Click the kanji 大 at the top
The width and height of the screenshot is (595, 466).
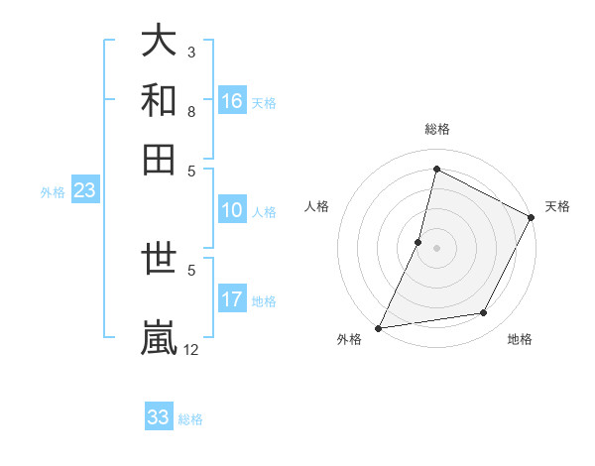[x=160, y=42]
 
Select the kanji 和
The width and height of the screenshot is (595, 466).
[x=160, y=100]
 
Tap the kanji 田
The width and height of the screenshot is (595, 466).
[x=160, y=159]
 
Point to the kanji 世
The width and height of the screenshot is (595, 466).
[x=160, y=263]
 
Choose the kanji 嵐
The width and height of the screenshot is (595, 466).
[x=160, y=335]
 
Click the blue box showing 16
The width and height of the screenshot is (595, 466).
[x=232, y=101]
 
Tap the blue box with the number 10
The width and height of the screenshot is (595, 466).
[x=232, y=210]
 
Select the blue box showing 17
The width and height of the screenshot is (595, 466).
[x=232, y=299]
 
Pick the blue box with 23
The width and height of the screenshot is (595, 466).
[x=84, y=191]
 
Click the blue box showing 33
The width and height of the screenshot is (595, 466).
[x=159, y=417]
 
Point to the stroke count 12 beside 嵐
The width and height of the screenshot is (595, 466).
[x=191, y=349]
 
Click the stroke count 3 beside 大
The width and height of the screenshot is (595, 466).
[x=191, y=52]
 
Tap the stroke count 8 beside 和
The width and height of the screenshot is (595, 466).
[x=191, y=111]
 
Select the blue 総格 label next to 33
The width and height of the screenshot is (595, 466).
[x=190, y=419]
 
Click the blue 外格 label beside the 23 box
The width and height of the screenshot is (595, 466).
[x=53, y=192]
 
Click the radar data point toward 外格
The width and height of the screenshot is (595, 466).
[x=379, y=327]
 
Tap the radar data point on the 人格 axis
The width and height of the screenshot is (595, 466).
[x=418, y=241]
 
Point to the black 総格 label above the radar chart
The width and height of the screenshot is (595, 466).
[x=436, y=129]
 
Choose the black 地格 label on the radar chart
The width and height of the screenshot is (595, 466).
[x=520, y=340]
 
